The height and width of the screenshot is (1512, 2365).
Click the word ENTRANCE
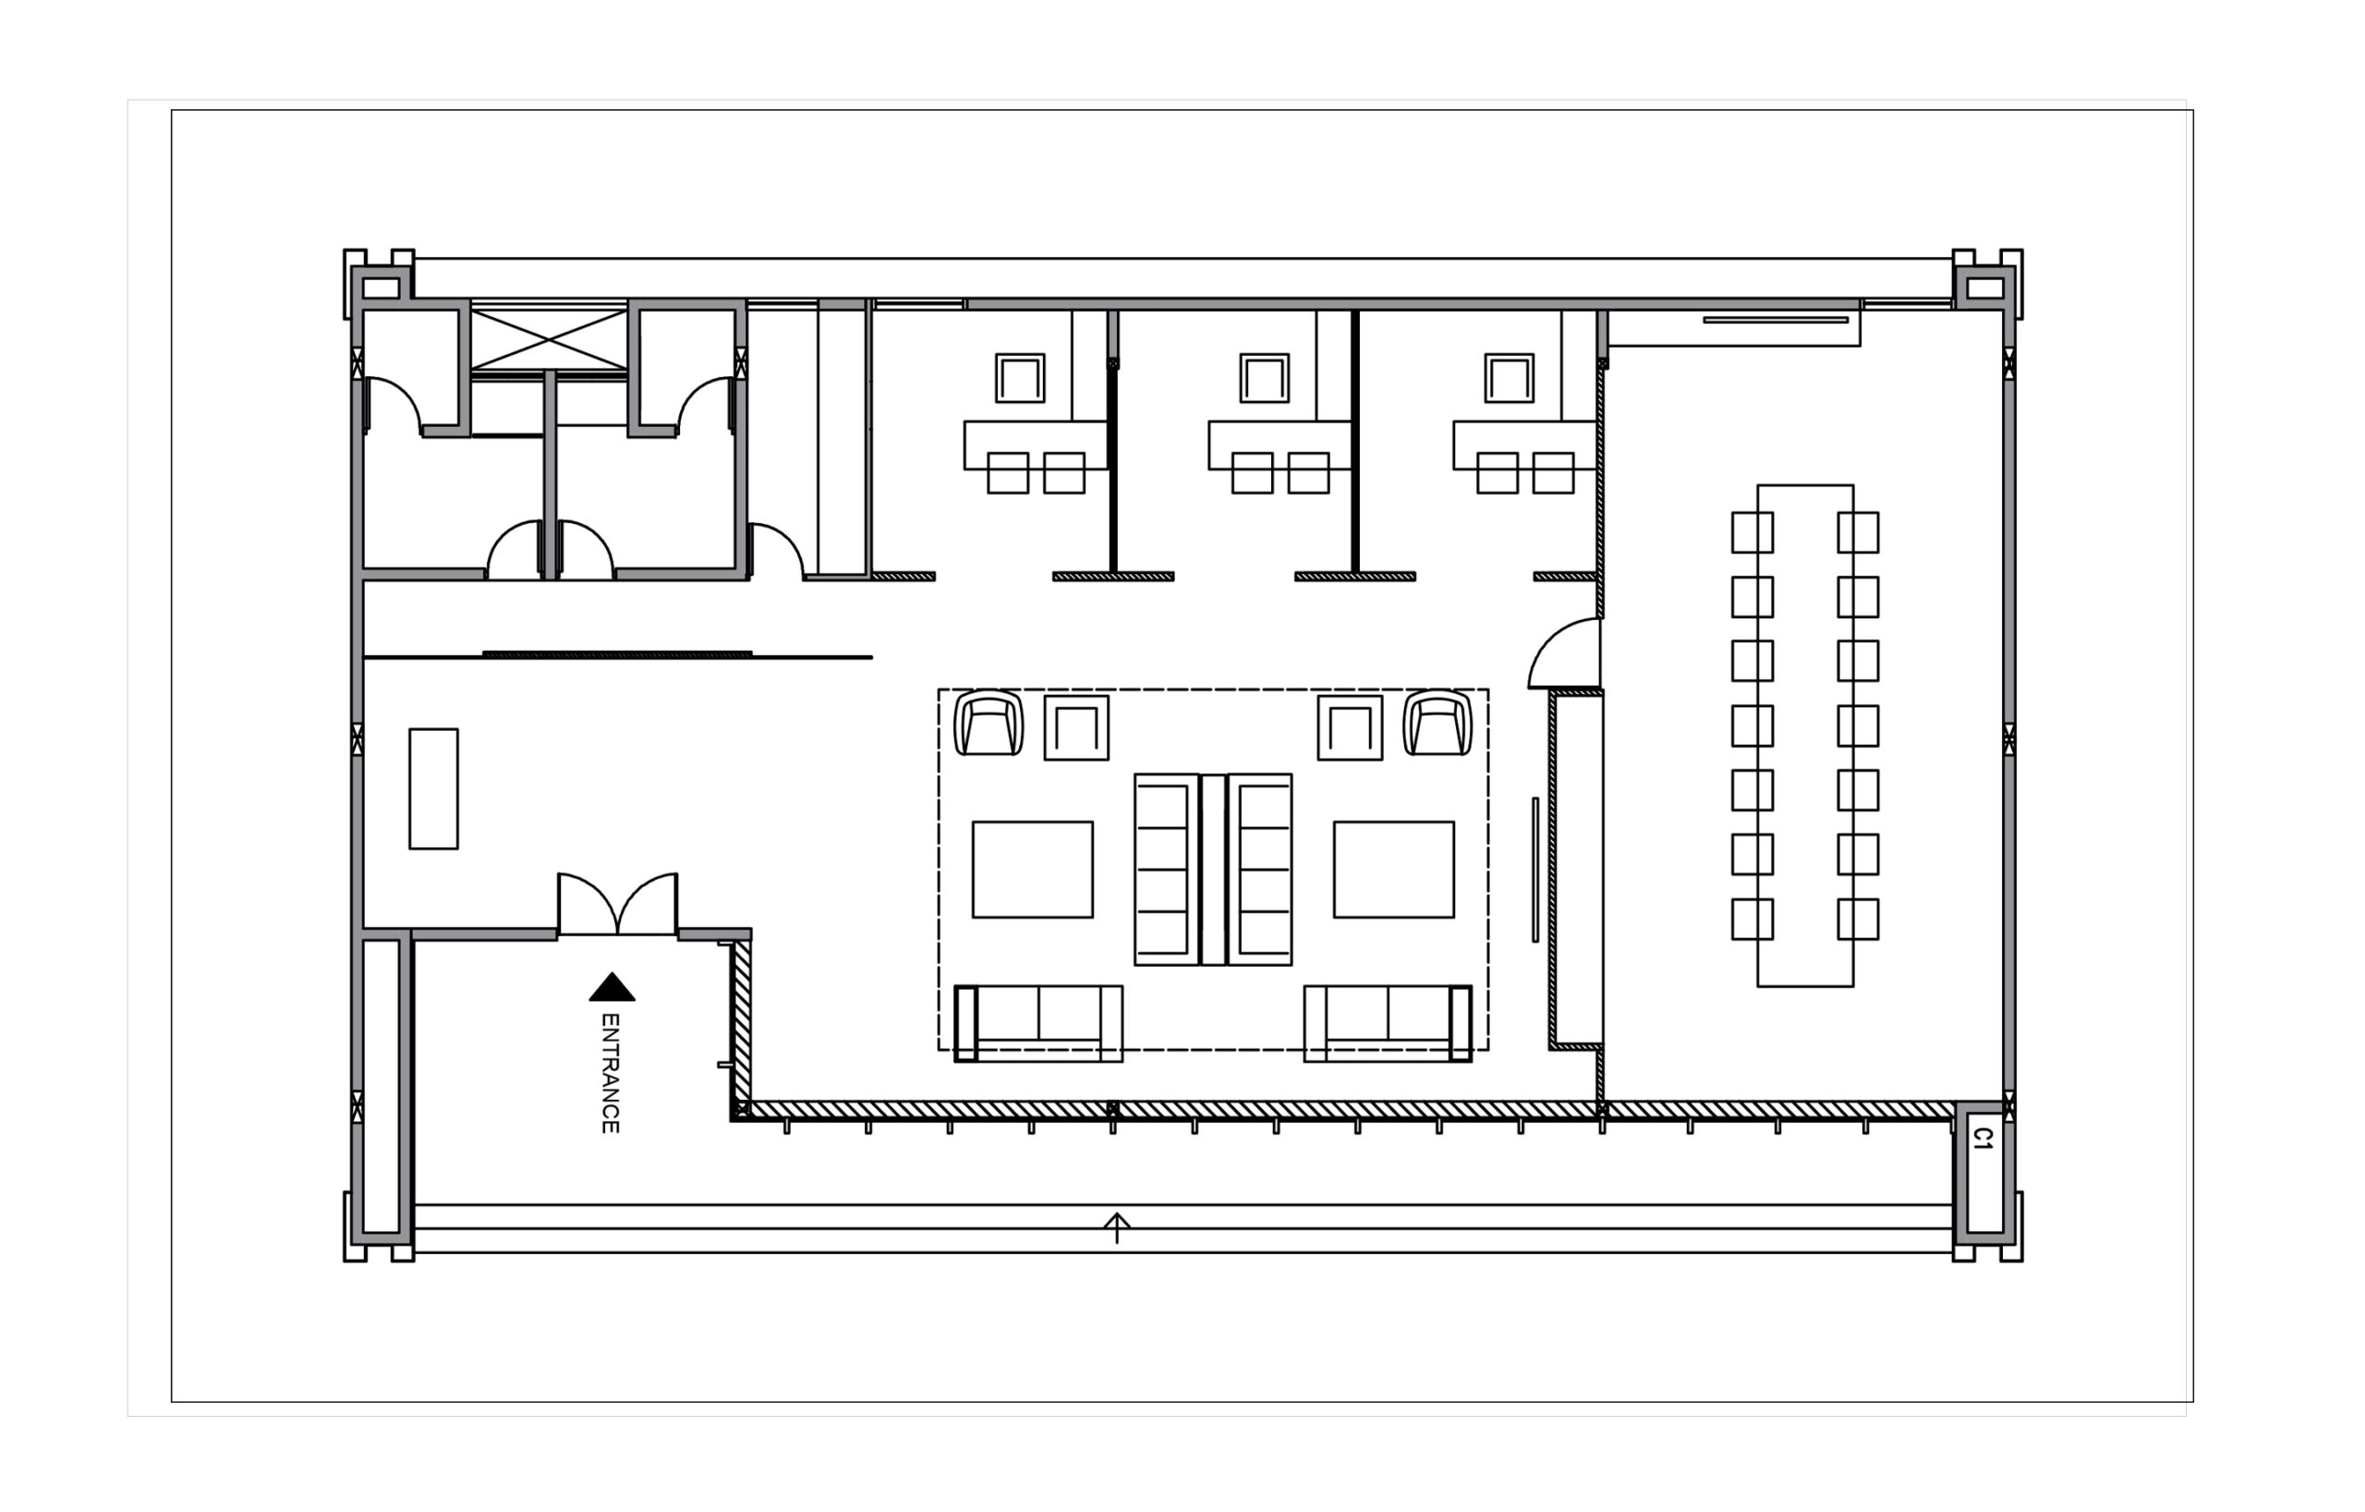610,1073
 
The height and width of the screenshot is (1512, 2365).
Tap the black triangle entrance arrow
612,987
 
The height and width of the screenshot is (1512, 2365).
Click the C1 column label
1983,1139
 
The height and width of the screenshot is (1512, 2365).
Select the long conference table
1805,735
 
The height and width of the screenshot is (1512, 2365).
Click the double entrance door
618,905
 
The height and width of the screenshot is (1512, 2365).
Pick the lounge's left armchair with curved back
988,723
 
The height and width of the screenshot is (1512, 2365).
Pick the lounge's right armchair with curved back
1437,723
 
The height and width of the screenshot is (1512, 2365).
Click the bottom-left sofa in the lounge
1038,1024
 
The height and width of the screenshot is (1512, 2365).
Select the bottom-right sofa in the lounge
1388,1024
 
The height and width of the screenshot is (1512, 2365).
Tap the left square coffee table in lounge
1032,870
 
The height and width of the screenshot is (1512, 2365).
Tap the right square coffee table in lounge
1394,870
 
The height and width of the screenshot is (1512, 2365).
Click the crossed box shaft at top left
549,339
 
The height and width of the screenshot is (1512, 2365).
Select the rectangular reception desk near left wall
433,789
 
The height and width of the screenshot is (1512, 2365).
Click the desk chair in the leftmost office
1021,378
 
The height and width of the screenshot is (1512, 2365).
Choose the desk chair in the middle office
1265,378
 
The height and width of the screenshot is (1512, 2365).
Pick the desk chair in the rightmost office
1510,378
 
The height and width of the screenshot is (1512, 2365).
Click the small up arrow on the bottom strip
1117,1228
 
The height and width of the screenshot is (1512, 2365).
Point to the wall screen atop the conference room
1776,319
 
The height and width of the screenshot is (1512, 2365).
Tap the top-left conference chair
1753,532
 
